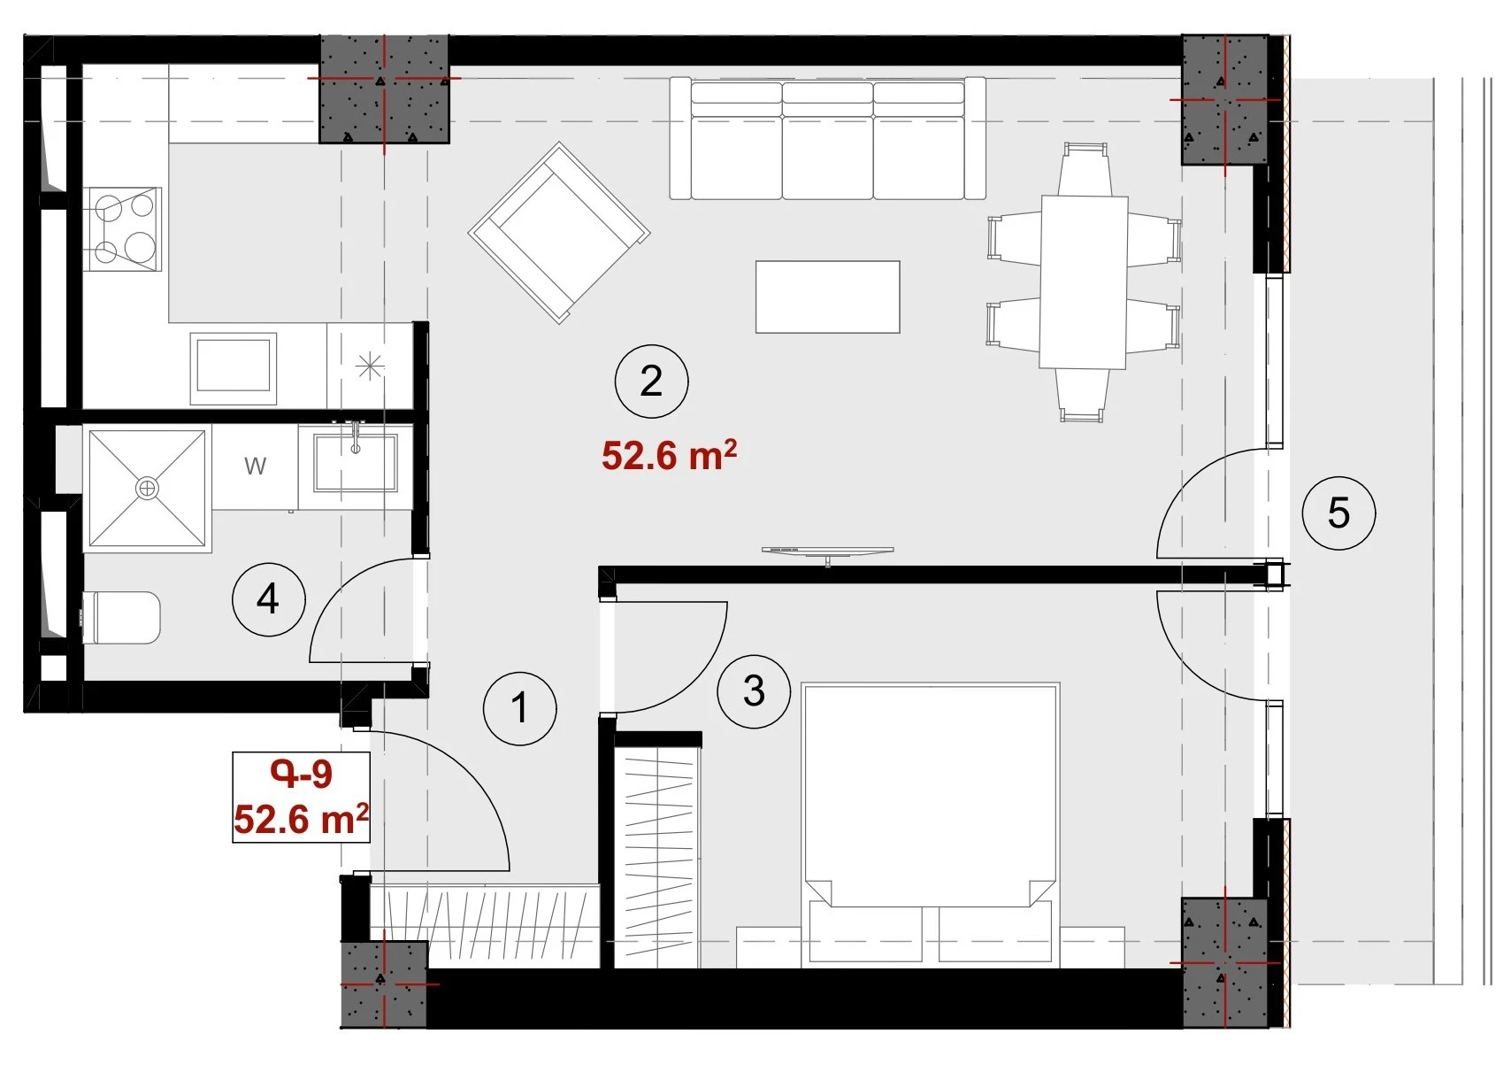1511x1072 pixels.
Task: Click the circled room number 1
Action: point(519,708)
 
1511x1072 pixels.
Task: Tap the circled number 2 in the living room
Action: point(651,382)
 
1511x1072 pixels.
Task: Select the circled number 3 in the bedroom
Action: point(754,691)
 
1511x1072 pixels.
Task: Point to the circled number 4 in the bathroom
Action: point(268,598)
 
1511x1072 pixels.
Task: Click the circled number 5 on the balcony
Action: point(1338,513)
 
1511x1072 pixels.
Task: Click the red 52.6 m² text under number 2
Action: point(669,455)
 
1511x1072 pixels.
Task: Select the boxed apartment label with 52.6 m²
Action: point(301,798)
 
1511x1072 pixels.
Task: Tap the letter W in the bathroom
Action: point(255,466)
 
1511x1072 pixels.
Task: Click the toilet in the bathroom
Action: point(121,617)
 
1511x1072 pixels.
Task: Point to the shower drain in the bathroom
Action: point(146,488)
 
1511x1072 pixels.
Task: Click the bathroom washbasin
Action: point(356,463)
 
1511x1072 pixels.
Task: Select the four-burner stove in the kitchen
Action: point(123,229)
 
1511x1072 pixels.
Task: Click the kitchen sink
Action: point(234,368)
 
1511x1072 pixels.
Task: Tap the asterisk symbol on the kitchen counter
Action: point(370,367)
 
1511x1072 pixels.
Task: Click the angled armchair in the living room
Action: point(559,233)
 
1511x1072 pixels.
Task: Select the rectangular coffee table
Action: point(828,297)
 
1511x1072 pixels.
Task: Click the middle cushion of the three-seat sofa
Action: point(828,142)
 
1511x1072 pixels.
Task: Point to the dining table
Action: point(1084,282)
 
